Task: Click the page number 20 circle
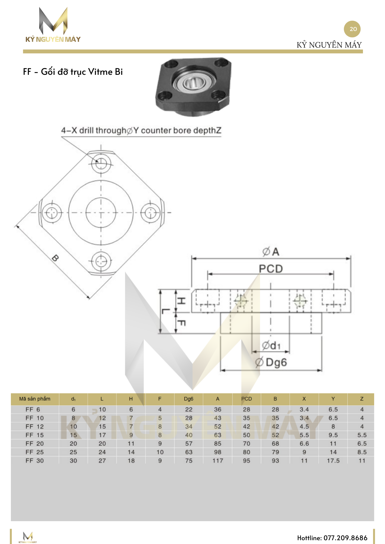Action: pyautogui.click(x=352, y=29)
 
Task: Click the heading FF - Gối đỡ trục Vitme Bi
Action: pyautogui.click(x=73, y=72)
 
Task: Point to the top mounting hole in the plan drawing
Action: pyautogui.click(x=101, y=163)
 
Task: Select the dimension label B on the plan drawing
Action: pyautogui.click(x=55, y=258)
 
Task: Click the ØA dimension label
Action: pyautogui.click(x=271, y=252)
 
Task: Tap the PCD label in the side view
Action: pyautogui.click(x=271, y=269)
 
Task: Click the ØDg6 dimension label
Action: pyautogui.click(x=271, y=362)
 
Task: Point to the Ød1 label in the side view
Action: pyautogui.click(x=271, y=345)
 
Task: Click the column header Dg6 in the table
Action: pyautogui.click(x=188, y=399)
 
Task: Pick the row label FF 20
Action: pyautogui.click(x=35, y=444)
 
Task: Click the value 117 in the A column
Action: pyautogui.click(x=218, y=461)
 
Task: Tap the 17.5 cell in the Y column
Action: pyautogui.click(x=333, y=461)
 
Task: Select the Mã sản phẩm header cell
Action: pyautogui.click(x=35, y=399)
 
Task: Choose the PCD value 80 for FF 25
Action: pyautogui.click(x=246, y=452)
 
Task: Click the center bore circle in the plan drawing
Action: pyautogui.click(x=101, y=212)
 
